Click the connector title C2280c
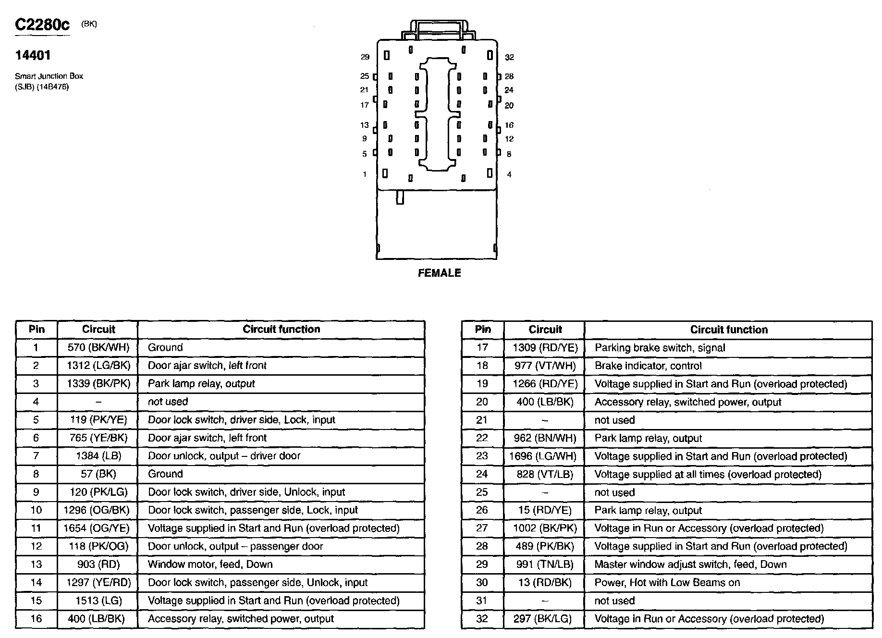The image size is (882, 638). (42, 25)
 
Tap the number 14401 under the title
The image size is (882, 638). (33, 55)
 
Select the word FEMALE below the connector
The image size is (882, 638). (439, 273)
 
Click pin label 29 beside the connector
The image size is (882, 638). (365, 57)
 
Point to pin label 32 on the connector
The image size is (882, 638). (509, 58)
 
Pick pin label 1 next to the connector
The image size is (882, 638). (365, 174)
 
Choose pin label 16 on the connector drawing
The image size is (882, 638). (509, 125)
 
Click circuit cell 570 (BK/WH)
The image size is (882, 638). (98, 347)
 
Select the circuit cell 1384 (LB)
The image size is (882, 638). (98, 456)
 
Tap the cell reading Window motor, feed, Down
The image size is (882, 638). (210, 564)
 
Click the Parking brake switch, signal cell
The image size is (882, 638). (660, 348)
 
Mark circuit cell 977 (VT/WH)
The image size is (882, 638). (545, 366)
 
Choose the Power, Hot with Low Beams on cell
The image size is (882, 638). (667, 582)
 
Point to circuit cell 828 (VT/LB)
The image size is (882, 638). (545, 474)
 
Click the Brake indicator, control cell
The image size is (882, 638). (648, 366)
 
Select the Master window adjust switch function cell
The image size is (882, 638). (690, 564)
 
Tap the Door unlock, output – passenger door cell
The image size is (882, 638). (235, 546)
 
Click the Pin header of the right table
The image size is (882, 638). (483, 330)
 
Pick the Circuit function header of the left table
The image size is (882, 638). (281, 329)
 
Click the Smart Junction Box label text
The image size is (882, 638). (49, 76)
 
